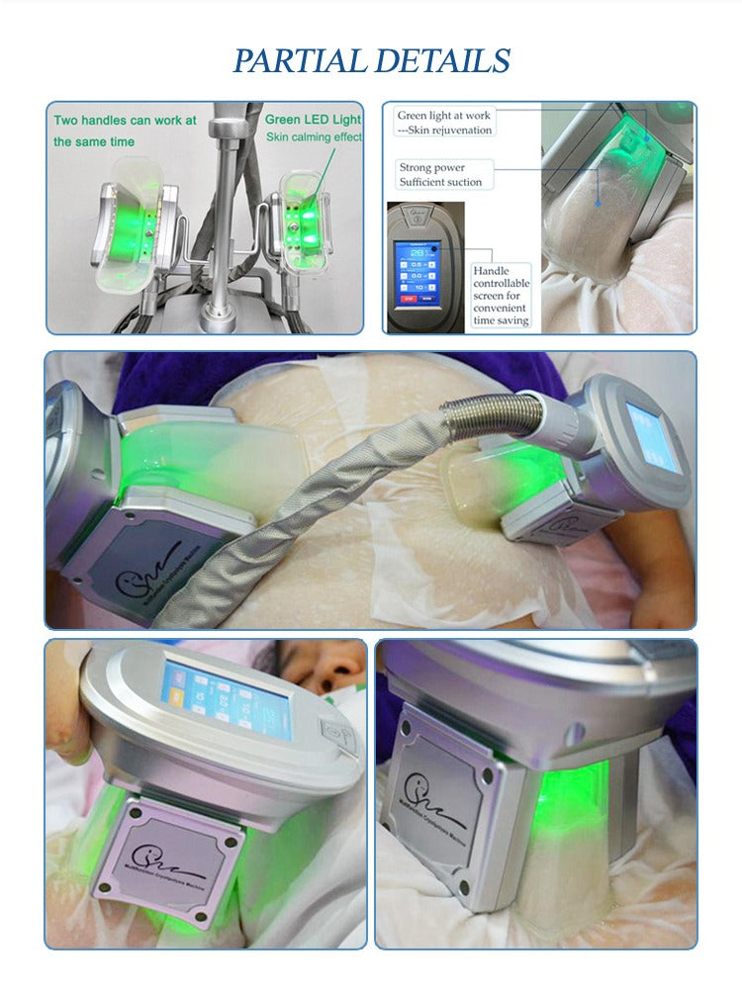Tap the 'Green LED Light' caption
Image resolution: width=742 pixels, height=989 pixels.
tap(313, 120)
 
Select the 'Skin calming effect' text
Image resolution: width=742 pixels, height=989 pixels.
tap(313, 137)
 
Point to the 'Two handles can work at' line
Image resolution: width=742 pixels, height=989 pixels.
tap(125, 121)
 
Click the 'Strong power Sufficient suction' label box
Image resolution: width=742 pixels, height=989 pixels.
tap(445, 175)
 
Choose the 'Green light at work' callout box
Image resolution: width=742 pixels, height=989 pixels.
tap(443, 123)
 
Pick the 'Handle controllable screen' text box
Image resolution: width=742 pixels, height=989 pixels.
tap(502, 296)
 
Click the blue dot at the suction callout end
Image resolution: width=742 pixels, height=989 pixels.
tap(597, 201)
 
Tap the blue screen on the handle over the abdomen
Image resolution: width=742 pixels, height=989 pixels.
tap(653, 436)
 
